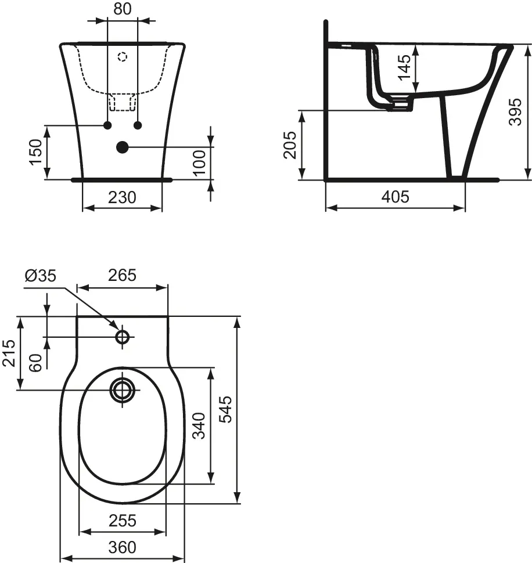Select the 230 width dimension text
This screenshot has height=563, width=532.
coord(123,197)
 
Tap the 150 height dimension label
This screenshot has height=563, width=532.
coord(36,151)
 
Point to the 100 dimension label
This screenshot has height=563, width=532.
coord(199,163)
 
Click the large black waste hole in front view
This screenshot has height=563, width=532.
coord(122,147)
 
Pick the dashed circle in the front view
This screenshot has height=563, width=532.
coord(122,57)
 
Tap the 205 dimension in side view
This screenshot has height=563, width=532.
coord(290,145)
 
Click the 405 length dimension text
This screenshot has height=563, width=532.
coord(395,197)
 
